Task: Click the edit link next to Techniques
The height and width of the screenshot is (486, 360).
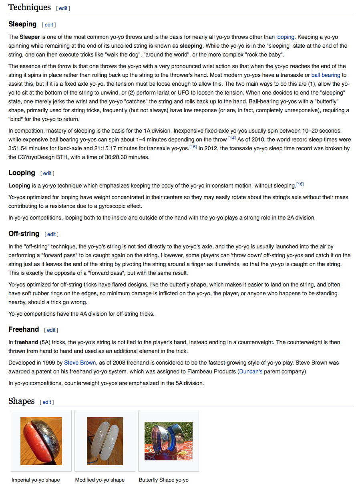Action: coord(63,8)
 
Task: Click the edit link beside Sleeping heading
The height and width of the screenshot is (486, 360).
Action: coord(49,25)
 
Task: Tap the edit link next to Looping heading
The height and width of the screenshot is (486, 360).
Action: coord(47,173)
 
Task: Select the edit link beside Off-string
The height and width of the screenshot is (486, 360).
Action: coord(52,234)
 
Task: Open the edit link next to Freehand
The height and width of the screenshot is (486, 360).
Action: coord(51,330)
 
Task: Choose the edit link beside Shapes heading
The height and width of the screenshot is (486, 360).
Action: coord(47,402)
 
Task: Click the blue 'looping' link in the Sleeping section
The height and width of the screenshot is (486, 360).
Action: coord(285,37)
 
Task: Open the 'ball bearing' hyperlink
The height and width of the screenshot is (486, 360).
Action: coord(326,75)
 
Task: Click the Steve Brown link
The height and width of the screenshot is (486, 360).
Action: coord(80,363)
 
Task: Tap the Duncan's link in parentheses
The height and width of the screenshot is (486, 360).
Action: coord(251,371)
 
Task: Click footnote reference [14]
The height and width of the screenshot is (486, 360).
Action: coord(232,138)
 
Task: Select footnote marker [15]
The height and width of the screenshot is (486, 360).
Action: coord(193,147)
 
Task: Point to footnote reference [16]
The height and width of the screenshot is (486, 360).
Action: coord(300,184)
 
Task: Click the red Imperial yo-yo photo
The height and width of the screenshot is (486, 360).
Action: coord(41,441)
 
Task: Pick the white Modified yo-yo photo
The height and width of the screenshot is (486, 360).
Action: coord(105,441)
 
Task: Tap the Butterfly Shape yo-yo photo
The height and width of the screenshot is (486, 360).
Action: coord(169,441)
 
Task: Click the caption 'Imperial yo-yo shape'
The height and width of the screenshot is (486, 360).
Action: coord(36,480)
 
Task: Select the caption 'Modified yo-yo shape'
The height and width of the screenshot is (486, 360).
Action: coord(100,480)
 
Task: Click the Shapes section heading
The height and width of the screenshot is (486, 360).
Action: coord(22,401)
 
